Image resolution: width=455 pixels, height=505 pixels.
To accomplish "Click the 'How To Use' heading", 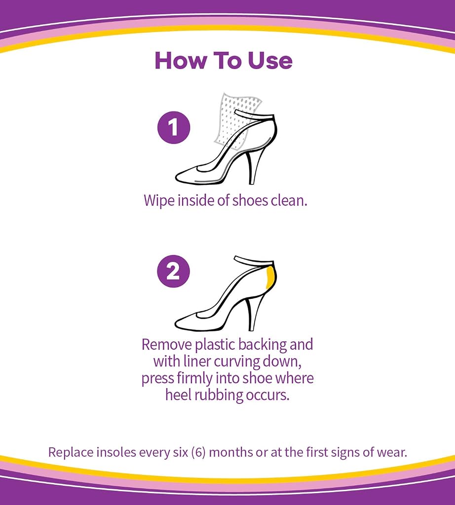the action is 224,61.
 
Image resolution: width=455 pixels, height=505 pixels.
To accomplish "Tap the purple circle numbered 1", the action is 174,127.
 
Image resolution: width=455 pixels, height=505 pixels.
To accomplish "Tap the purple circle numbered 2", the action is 174,271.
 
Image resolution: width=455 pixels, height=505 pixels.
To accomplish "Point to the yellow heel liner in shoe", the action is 270,278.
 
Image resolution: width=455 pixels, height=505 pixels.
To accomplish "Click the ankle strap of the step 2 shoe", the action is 254,261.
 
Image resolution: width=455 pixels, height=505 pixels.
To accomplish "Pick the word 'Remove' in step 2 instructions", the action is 167,345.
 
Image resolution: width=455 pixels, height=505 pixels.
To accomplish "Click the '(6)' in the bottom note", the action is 198,452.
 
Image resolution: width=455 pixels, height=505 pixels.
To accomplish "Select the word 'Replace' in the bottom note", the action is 67,453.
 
